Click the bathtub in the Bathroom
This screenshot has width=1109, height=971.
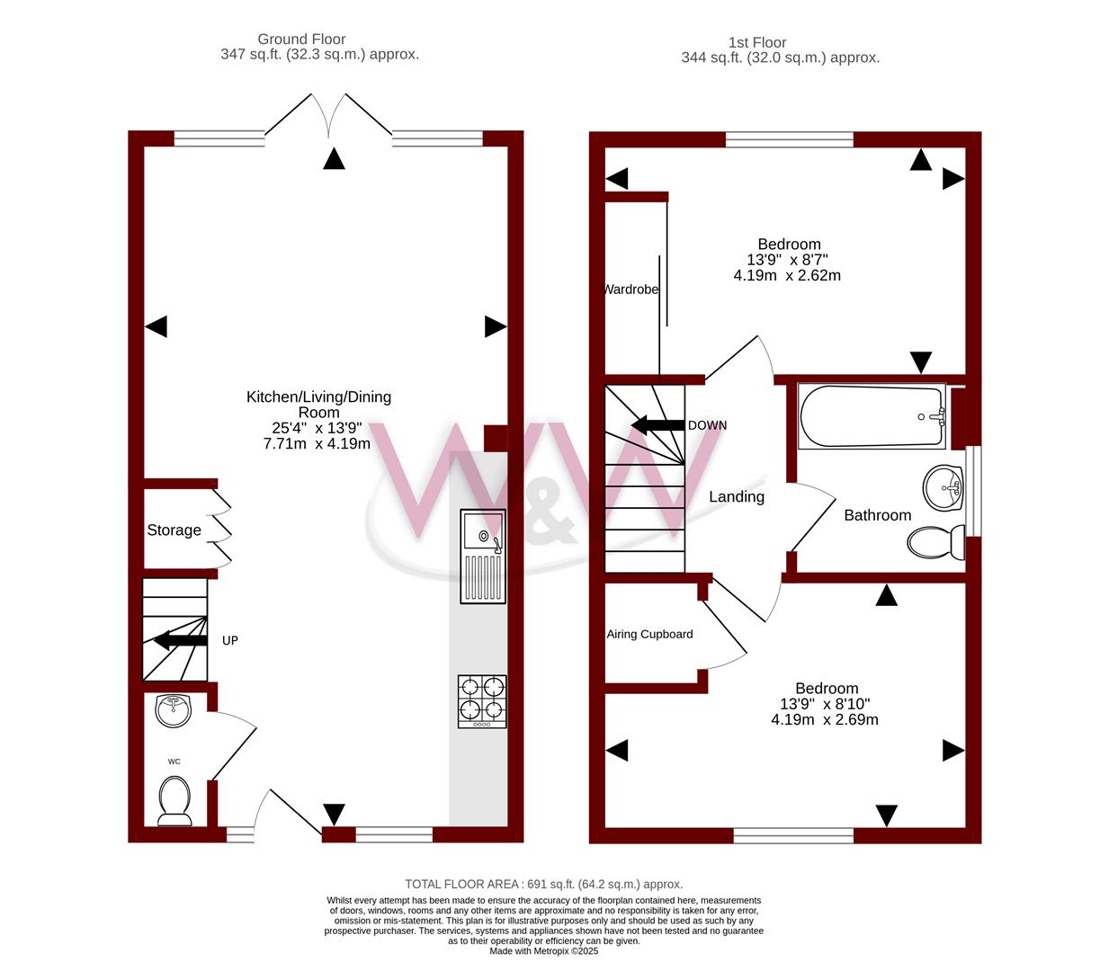(872, 416)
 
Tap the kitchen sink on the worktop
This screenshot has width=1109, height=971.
(482, 556)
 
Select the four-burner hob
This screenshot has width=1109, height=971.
(482, 701)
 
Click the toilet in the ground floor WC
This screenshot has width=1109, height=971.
(174, 801)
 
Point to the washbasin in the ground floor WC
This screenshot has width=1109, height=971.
(173, 710)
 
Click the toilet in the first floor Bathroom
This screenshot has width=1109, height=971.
(936, 542)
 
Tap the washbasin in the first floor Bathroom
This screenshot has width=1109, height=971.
(944, 487)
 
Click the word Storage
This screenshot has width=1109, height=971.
(174, 530)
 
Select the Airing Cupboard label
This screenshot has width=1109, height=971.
(649, 634)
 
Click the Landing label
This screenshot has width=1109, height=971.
(737, 497)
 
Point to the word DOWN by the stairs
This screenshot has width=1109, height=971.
(707, 425)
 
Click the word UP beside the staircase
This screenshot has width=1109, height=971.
(230, 640)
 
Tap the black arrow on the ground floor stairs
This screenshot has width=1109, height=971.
(181, 640)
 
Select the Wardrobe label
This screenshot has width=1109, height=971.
(631, 290)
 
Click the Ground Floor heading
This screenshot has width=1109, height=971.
(301, 39)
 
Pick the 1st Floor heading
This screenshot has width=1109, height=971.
(757, 42)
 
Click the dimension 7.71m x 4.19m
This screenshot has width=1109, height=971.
(317, 444)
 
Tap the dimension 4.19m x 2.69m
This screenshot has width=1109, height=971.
(825, 719)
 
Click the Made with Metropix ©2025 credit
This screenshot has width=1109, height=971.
(543, 951)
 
